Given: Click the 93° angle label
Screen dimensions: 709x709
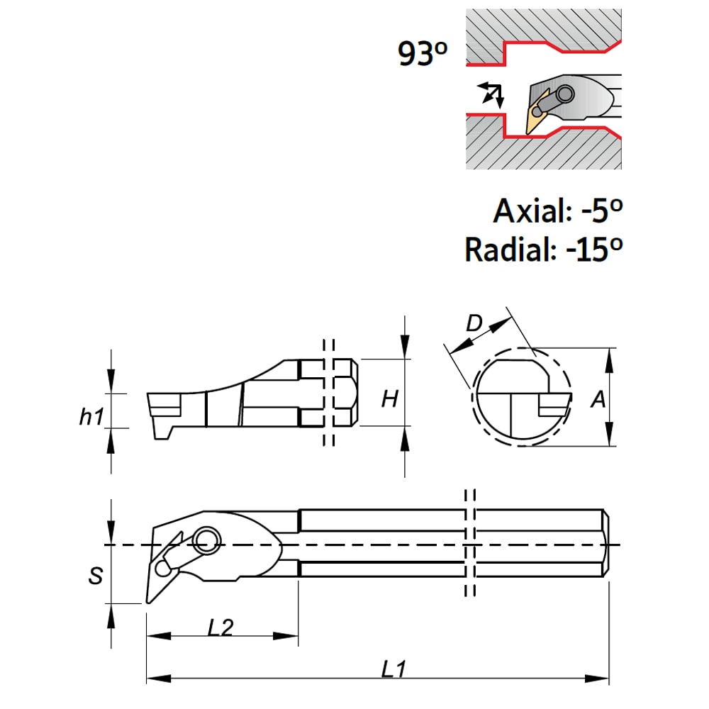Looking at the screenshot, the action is (423, 54).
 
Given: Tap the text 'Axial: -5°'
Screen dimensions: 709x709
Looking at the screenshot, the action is (558, 211).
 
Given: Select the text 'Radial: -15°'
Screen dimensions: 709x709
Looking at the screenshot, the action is (544, 248).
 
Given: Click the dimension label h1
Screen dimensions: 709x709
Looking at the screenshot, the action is (91, 416).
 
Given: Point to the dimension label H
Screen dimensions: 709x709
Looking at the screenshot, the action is (390, 398).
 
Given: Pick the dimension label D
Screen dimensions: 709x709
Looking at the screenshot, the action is (474, 323).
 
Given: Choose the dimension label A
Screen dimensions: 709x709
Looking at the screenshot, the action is (598, 399).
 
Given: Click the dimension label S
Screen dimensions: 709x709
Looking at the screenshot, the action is (96, 576).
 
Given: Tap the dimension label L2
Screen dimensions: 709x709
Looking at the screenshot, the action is (220, 627).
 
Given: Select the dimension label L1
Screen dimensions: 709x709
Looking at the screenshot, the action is (393, 669).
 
